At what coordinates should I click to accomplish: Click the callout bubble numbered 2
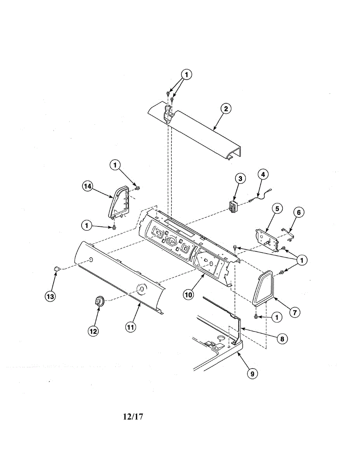coord(225,108)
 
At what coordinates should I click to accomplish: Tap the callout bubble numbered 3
coord(240,178)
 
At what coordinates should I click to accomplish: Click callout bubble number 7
coord(295,311)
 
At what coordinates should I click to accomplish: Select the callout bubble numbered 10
coord(188,295)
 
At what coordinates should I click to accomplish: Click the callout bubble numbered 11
coord(130,327)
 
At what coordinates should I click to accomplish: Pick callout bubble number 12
coord(93,331)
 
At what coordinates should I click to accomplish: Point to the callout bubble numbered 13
coord(50,297)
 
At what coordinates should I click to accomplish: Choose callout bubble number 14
coord(87,186)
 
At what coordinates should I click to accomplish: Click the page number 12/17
coord(133,417)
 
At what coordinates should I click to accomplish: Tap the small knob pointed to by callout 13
coord(57,268)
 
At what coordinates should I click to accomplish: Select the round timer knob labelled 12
coord(99,301)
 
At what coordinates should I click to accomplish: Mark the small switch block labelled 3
coord(233,206)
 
